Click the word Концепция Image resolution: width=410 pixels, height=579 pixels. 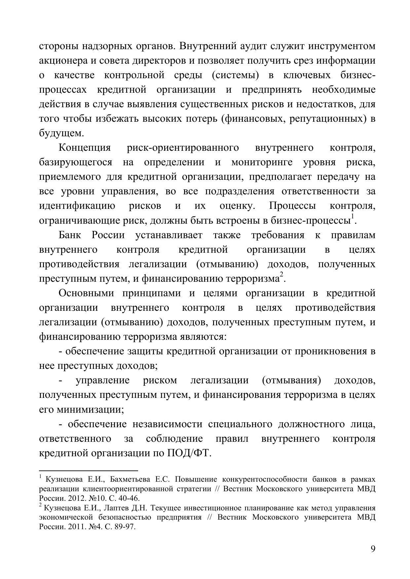(x=85, y=148)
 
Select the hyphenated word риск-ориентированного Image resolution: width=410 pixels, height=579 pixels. (x=183, y=148)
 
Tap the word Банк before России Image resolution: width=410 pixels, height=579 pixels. (x=70, y=235)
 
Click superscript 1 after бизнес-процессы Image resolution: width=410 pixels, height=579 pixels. (x=353, y=216)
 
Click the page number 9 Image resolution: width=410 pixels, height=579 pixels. (x=373, y=549)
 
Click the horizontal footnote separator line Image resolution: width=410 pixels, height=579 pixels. (x=88, y=471)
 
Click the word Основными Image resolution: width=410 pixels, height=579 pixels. (x=86, y=293)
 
